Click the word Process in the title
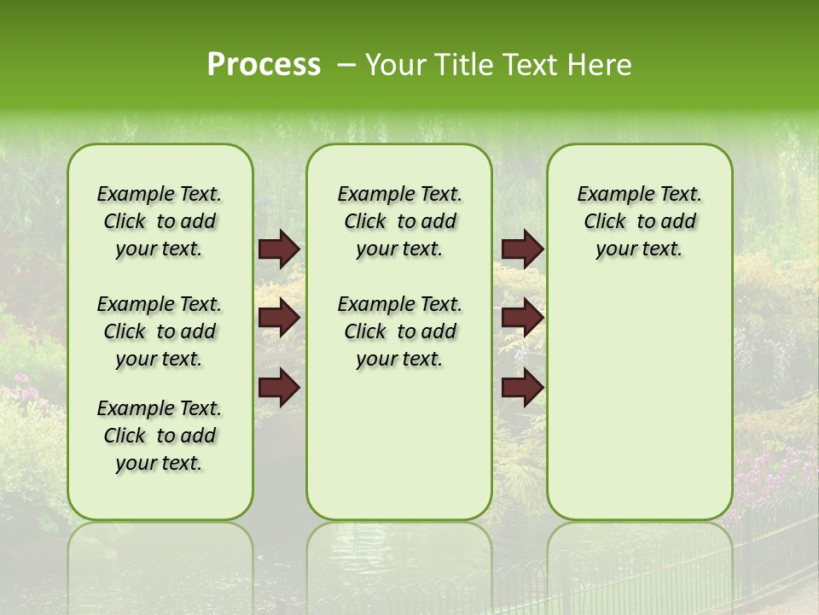coord(264,65)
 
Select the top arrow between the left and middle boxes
coord(279,249)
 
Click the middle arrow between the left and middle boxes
coord(279,318)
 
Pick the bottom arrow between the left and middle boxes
coord(279,387)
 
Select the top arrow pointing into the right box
coord(522,249)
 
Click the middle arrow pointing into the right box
coord(522,318)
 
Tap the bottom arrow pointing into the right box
coord(522,387)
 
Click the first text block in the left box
coord(160,221)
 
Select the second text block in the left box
coord(160,331)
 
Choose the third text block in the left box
coord(160,436)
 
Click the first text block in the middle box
coord(399,221)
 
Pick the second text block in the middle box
coord(399,331)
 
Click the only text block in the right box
coord(639,221)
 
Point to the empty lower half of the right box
coord(639,410)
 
